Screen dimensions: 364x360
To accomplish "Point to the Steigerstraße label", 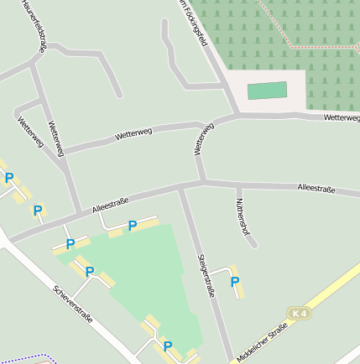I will [x=206, y=275].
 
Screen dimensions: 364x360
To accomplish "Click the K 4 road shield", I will [x=299, y=313].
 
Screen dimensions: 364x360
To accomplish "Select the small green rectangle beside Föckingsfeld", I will [x=267, y=91].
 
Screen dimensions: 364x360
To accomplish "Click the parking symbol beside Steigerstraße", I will [x=235, y=282].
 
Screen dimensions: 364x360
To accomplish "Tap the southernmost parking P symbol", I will [x=167, y=346].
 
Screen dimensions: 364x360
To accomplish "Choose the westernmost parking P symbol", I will [x=9, y=178].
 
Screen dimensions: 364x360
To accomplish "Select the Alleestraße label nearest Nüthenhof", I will [x=316, y=190].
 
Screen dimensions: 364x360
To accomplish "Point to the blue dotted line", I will [x=25, y=359].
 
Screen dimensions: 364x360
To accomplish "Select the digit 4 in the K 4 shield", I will [x=303, y=313].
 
